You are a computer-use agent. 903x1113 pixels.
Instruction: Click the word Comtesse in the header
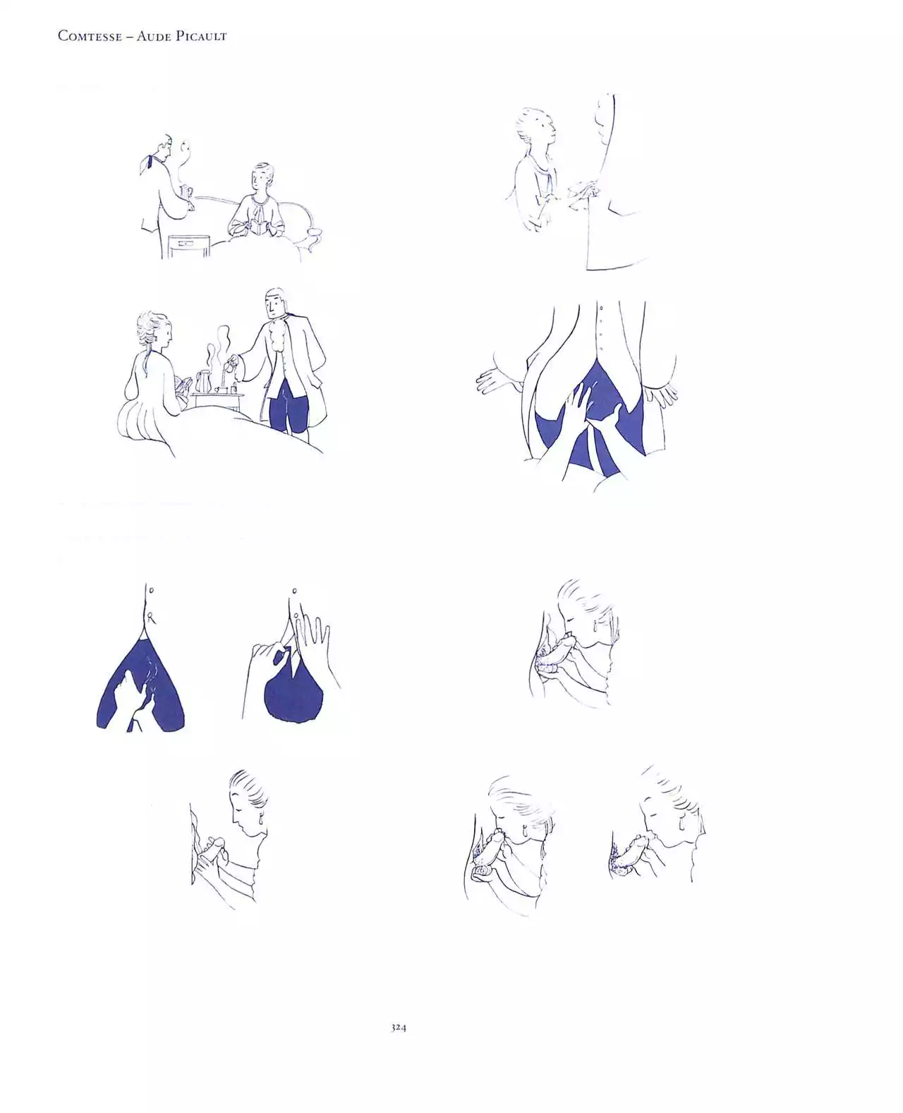(x=90, y=36)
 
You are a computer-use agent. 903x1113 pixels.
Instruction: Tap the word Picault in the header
(x=202, y=36)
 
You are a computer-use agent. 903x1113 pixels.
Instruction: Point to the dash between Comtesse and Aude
(x=130, y=37)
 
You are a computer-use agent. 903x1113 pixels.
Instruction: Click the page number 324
(x=399, y=1028)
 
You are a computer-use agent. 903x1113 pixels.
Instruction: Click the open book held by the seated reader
(x=257, y=226)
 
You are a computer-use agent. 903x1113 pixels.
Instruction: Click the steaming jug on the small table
(x=202, y=381)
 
